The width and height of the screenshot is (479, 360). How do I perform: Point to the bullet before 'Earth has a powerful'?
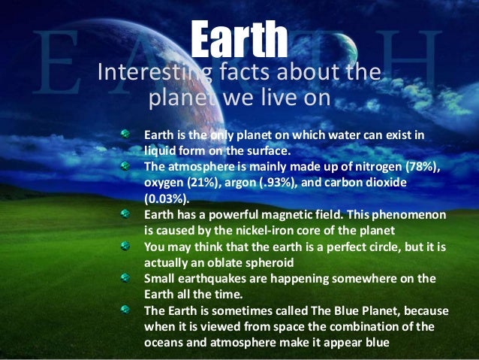(128, 214)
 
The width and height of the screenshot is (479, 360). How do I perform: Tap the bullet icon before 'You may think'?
(128, 246)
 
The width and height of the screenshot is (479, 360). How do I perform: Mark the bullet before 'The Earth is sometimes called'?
(128, 308)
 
